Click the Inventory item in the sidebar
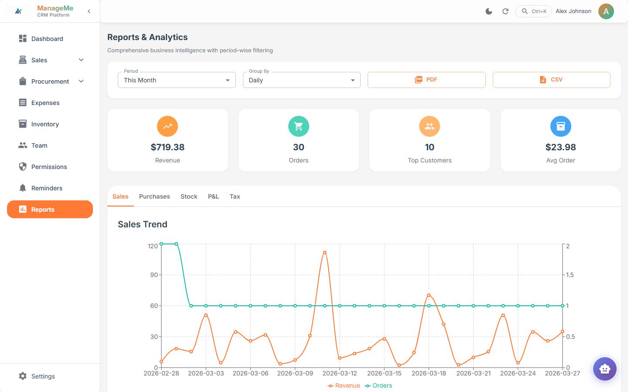(x=44, y=124)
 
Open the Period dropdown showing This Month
(x=177, y=80)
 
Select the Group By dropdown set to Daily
(x=301, y=80)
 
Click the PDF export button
(x=426, y=80)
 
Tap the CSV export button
(x=551, y=80)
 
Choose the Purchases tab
(x=154, y=196)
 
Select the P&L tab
(x=213, y=196)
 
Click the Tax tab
(x=235, y=196)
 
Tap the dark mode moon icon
(x=489, y=11)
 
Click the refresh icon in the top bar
(x=505, y=11)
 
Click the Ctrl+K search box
(x=534, y=11)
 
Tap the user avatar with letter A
(x=606, y=11)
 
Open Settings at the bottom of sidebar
(x=43, y=376)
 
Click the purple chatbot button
(x=604, y=369)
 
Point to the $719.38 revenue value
(x=167, y=147)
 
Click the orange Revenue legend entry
(x=344, y=385)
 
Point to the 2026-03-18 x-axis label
(x=429, y=373)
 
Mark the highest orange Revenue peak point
(x=325, y=253)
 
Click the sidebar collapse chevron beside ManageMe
(x=89, y=11)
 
